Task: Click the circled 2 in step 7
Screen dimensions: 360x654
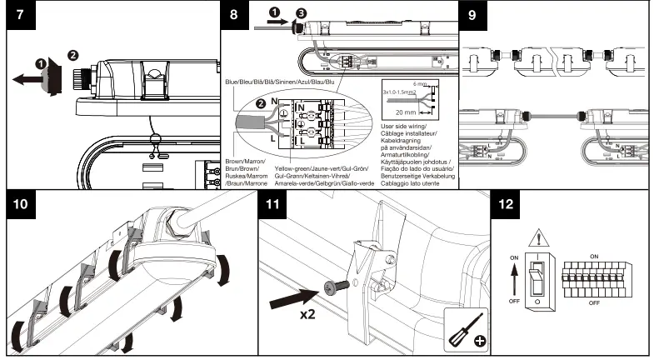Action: coord(72,55)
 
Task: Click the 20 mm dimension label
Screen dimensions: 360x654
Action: coord(405,111)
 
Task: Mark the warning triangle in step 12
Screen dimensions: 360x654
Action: coord(543,237)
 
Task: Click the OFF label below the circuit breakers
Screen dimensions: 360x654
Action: coord(594,303)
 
